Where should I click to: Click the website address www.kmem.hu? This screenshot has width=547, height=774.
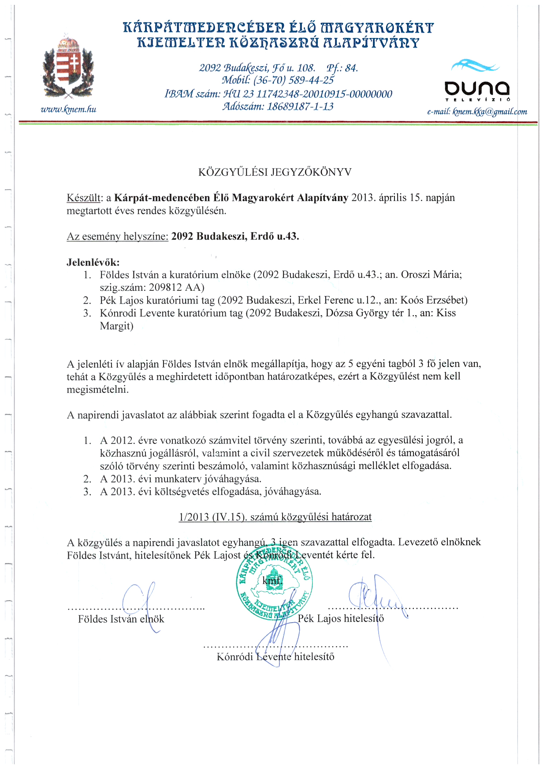pyautogui.click(x=68, y=109)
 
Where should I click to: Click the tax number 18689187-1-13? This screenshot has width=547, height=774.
pyautogui.click(x=300, y=106)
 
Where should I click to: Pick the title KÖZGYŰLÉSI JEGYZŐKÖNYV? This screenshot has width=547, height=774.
pyautogui.click(x=275, y=172)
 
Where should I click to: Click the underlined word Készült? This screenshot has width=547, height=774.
pyautogui.click(x=84, y=198)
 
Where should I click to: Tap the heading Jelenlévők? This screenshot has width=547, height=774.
pyautogui.click(x=93, y=262)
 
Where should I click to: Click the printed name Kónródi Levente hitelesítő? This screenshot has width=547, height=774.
pyautogui.click(x=275, y=657)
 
